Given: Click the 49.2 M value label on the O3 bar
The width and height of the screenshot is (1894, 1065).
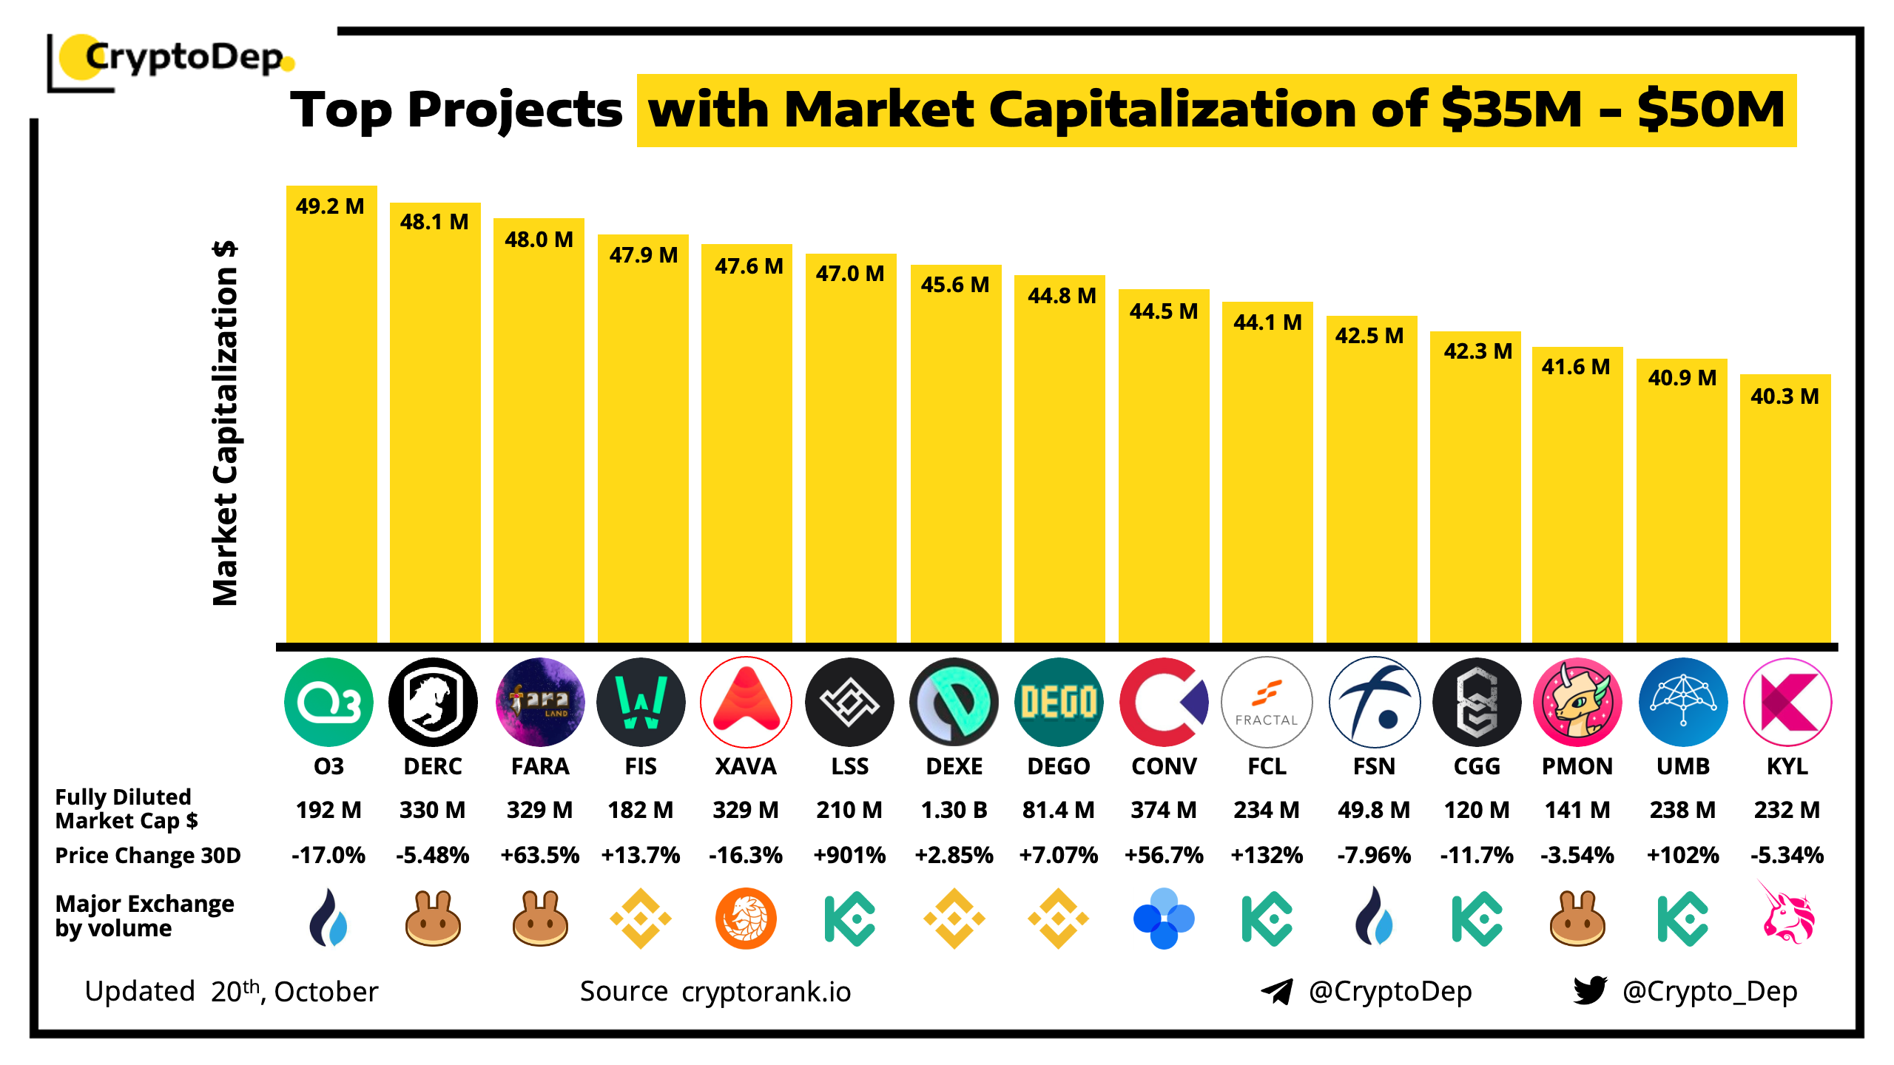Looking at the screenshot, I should point(330,206).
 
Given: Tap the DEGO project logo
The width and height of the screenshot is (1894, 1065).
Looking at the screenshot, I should point(1058,701).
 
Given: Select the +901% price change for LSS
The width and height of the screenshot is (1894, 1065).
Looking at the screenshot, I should point(849,855).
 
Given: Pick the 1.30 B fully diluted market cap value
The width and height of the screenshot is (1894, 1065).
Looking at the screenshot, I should point(954,810).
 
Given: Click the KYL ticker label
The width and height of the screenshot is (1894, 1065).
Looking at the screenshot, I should point(1787,766).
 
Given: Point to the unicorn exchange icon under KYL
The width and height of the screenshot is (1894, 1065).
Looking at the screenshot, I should point(1787,915).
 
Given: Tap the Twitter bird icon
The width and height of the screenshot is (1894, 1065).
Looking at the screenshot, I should point(1590,990).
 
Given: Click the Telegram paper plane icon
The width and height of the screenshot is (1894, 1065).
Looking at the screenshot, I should point(1277,991).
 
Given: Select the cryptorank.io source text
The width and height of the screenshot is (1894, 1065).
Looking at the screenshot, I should point(766,992).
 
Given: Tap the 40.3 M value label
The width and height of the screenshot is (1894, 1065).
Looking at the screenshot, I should point(1784,396).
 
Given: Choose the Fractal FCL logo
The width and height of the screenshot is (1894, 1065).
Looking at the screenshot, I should point(1267,701).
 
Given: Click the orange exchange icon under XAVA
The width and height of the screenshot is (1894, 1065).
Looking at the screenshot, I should point(746,919).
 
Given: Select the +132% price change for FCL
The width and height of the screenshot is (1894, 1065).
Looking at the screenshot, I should point(1267,855).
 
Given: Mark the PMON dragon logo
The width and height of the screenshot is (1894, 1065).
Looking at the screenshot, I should point(1577,701).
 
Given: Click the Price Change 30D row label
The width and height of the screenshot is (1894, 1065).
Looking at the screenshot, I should point(148,856).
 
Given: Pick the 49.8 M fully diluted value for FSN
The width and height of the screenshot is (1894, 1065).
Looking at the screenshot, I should point(1373,810).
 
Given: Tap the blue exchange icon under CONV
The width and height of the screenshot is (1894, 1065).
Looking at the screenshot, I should point(1163,919).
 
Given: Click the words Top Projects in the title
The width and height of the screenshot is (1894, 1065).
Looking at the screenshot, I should point(456,111).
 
